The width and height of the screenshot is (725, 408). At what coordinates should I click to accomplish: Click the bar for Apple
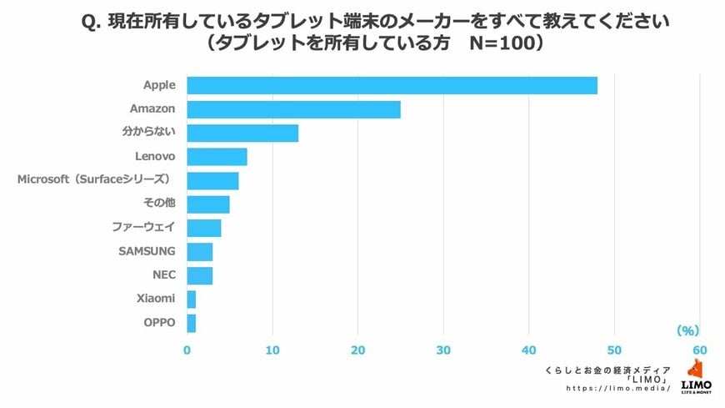tap(392, 85)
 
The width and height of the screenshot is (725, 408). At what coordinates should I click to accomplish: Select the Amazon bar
tap(293, 109)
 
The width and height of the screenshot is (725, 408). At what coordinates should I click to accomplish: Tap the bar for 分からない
tap(242, 133)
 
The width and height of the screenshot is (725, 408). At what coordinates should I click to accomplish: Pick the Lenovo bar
tap(217, 157)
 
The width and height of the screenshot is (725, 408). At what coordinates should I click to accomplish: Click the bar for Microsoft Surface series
tap(212, 180)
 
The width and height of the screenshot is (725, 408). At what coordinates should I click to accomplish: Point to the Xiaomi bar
tap(191, 299)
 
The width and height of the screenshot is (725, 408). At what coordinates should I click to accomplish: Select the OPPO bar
tap(191, 323)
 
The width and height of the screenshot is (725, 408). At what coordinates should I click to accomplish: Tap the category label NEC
tap(164, 275)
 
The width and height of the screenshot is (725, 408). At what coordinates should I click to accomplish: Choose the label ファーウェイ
tap(144, 227)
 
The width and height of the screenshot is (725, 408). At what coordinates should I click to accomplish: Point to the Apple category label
tap(159, 85)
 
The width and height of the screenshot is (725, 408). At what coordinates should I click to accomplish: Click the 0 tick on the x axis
tap(187, 350)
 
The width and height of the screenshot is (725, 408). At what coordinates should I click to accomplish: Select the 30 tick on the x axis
tap(443, 350)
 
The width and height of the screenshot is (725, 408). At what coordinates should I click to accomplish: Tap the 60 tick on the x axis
tap(699, 350)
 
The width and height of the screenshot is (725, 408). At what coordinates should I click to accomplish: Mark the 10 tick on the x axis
tap(272, 350)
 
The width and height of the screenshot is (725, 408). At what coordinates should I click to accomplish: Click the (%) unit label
tap(687, 330)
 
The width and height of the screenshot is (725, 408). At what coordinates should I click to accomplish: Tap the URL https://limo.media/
tap(618, 389)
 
